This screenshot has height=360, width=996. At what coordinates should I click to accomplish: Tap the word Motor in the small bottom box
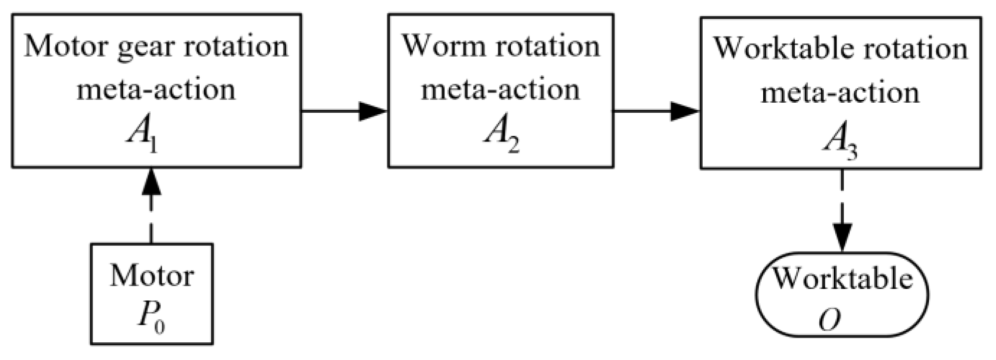(x=152, y=276)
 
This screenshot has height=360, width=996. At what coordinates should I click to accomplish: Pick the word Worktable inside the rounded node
(x=842, y=278)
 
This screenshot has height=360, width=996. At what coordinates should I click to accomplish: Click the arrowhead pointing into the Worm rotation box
(x=373, y=111)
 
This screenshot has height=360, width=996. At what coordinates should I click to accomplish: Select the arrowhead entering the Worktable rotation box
(x=685, y=111)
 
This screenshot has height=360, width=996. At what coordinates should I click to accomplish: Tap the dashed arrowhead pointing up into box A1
(x=152, y=182)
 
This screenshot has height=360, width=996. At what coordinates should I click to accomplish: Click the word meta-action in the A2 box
(x=501, y=90)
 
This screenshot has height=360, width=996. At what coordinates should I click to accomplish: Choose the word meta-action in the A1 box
(x=156, y=90)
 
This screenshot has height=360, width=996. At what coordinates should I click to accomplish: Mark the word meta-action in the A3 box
(x=840, y=92)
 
